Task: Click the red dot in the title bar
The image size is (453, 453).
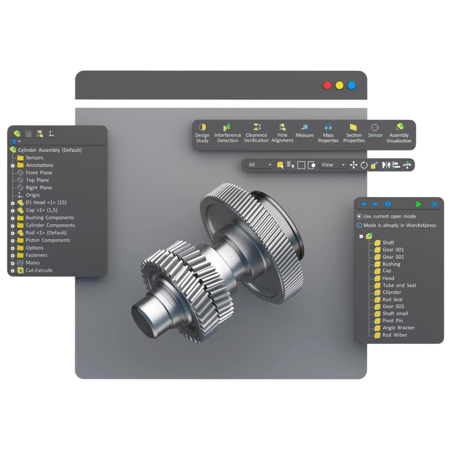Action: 327,85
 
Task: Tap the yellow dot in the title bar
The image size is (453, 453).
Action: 339,85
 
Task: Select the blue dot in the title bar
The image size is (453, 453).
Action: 352,85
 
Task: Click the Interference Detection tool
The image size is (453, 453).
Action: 227,133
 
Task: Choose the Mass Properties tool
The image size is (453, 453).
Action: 328,133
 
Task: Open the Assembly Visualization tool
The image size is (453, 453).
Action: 399,133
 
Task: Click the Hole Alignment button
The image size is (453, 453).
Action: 282,133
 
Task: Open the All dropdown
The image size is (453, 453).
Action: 260,165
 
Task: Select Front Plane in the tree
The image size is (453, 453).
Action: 39,173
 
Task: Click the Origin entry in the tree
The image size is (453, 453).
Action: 33,195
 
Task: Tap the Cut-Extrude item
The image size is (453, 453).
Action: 39,270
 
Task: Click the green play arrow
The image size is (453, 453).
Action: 419,204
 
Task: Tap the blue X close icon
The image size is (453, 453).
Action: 434,204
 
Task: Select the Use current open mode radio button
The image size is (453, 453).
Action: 359,217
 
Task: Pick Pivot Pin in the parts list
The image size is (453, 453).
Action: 392,321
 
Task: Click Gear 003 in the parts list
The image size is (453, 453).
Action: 393,306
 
